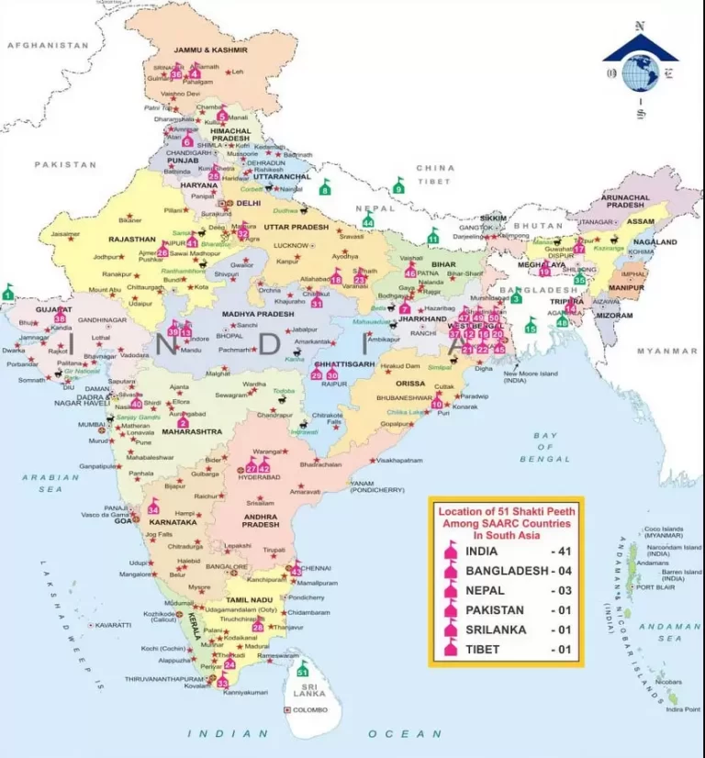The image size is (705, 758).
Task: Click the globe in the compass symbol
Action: tap(640, 73)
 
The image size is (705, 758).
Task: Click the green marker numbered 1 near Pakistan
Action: tap(8, 293)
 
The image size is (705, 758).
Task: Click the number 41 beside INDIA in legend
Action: tap(562, 552)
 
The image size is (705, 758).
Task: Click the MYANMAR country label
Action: tap(667, 351)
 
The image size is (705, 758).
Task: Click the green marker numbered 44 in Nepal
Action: tap(368, 220)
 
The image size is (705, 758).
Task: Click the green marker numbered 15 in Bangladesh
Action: tap(531, 326)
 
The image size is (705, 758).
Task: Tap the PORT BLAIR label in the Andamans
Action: tap(655, 587)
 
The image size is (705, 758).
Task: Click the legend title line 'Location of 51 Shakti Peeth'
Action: tap(506, 510)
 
